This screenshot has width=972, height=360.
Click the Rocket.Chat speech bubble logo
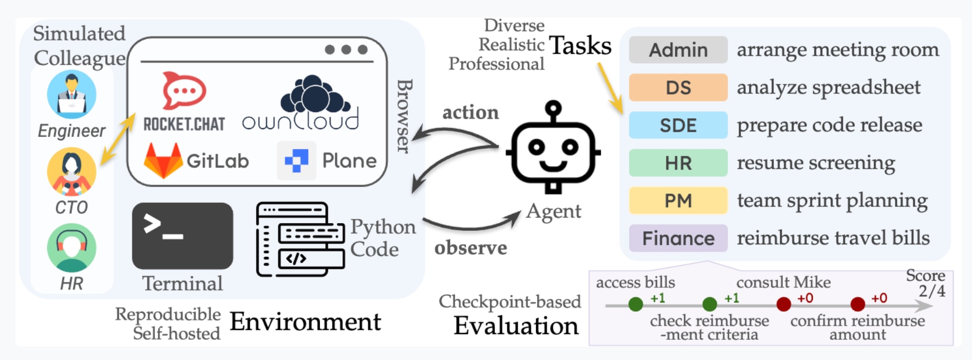pos(184,90)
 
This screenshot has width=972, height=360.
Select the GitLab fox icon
pos(163,160)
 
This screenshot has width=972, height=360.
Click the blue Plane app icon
pos(296,161)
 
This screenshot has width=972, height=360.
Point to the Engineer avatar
pos(72,94)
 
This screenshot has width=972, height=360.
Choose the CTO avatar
pos(72,172)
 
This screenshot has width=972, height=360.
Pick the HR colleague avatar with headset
pos(72,248)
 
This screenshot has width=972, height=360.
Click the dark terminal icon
pos(183,236)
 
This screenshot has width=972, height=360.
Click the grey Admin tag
pos(678,50)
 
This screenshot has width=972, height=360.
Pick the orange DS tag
pos(678,88)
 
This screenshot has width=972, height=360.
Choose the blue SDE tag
pos(678,125)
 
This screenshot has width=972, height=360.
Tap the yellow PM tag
pos(678,201)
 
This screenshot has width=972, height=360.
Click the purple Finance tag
pos(678,238)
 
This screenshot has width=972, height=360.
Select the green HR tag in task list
pos(678,163)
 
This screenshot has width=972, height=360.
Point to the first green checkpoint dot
pos(635,304)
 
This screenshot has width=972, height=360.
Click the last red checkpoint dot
pos(858,304)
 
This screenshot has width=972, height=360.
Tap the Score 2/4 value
pos(932,290)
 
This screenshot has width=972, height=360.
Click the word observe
pos(470,248)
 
